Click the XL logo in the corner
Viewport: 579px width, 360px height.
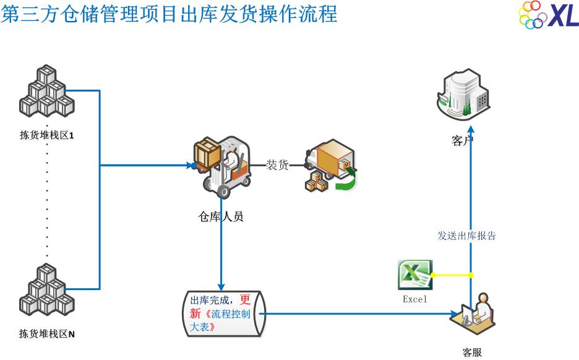[x=548, y=15]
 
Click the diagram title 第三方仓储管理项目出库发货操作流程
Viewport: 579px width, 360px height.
[x=169, y=13]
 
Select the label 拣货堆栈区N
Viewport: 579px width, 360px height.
[x=47, y=335]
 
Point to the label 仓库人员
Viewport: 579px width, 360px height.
[x=221, y=216]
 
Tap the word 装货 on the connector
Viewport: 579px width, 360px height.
[x=277, y=165]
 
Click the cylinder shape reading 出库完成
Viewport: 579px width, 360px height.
[x=224, y=314]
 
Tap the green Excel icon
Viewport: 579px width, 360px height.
[x=414, y=275]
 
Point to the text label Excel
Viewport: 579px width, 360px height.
[x=415, y=299]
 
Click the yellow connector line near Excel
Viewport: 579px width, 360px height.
[x=452, y=275]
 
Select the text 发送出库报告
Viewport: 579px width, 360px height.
[x=466, y=236]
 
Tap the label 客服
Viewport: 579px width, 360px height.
[x=472, y=353]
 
